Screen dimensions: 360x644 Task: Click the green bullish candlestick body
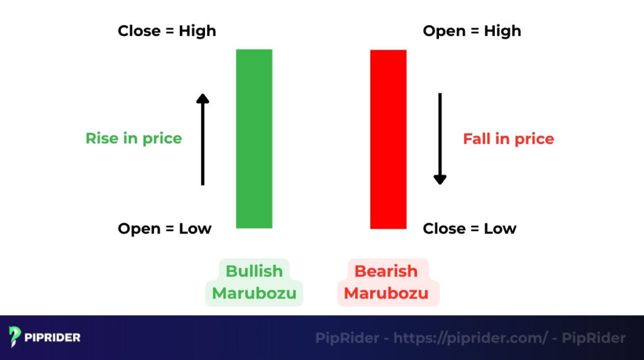click(254, 138)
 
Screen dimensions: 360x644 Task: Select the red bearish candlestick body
click(388, 139)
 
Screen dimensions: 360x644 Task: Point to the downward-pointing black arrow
click(440, 139)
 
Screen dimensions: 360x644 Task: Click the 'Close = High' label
click(167, 31)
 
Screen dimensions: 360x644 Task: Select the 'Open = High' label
click(472, 31)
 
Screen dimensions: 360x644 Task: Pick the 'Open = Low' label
click(165, 228)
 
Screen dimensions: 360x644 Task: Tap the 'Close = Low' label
click(469, 228)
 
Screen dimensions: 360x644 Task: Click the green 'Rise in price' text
click(133, 138)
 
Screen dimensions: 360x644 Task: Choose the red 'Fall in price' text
click(508, 138)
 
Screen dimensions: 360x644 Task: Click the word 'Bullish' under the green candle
click(254, 271)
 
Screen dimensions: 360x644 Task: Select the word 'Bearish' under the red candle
click(386, 271)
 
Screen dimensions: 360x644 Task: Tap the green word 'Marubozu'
click(254, 293)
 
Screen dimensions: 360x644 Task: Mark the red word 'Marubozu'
click(386, 293)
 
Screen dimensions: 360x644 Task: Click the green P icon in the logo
click(15, 337)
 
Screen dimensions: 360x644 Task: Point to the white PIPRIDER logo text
click(53, 338)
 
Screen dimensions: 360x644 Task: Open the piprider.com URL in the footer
click(470, 338)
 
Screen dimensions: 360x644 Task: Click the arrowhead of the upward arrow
click(203, 98)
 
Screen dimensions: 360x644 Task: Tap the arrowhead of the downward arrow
click(440, 179)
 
